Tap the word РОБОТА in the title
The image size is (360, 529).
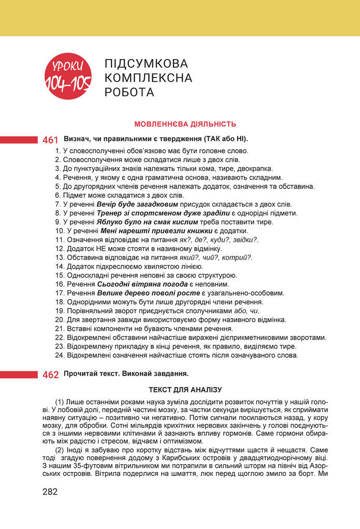(129, 93)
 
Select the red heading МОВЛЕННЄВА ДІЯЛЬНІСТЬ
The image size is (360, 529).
(185, 124)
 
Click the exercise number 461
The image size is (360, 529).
(50, 140)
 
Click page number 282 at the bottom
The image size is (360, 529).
(50, 492)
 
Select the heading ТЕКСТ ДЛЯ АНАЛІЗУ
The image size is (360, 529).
(185, 389)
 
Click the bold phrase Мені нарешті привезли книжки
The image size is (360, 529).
(156, 230)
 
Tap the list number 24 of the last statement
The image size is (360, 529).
(59, 355)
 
